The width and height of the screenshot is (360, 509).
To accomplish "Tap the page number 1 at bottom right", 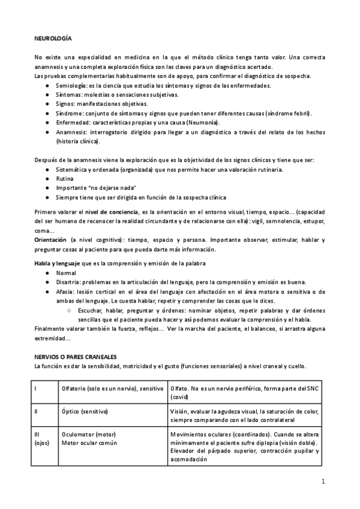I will click(x=323, y=481).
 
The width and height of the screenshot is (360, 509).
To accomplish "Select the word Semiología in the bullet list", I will click(x=71, y=87).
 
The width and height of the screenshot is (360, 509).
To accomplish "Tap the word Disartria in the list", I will click(x=68, y=282).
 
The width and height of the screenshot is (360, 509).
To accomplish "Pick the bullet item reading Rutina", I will click(x=65, y=178).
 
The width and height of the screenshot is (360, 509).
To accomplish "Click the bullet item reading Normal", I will click(x=66, y=273).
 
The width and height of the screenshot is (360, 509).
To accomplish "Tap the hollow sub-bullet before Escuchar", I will click(x=70, y=310).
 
